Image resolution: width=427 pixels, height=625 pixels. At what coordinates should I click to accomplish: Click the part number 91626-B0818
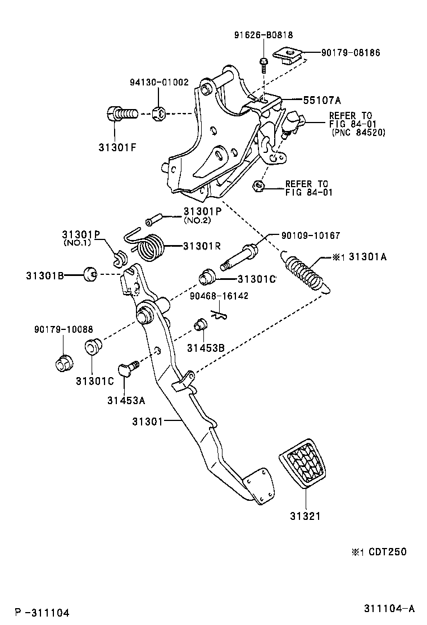pos(264,35)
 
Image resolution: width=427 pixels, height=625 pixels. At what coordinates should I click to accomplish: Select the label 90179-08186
pos(351,53)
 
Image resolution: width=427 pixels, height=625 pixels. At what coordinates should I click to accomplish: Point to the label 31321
pos(305,515)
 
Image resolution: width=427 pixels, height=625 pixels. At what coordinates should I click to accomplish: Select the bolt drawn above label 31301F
pos(120,115)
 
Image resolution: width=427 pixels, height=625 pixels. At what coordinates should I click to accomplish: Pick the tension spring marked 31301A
pos(307,273)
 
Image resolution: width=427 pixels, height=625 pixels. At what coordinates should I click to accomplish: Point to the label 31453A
pos(126,400)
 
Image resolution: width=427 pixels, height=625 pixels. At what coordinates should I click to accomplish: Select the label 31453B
pos(206,348)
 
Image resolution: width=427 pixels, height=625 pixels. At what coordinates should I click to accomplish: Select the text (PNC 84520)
pos(358,133)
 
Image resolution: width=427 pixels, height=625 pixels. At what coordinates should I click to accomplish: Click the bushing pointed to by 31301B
pos(89,274)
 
